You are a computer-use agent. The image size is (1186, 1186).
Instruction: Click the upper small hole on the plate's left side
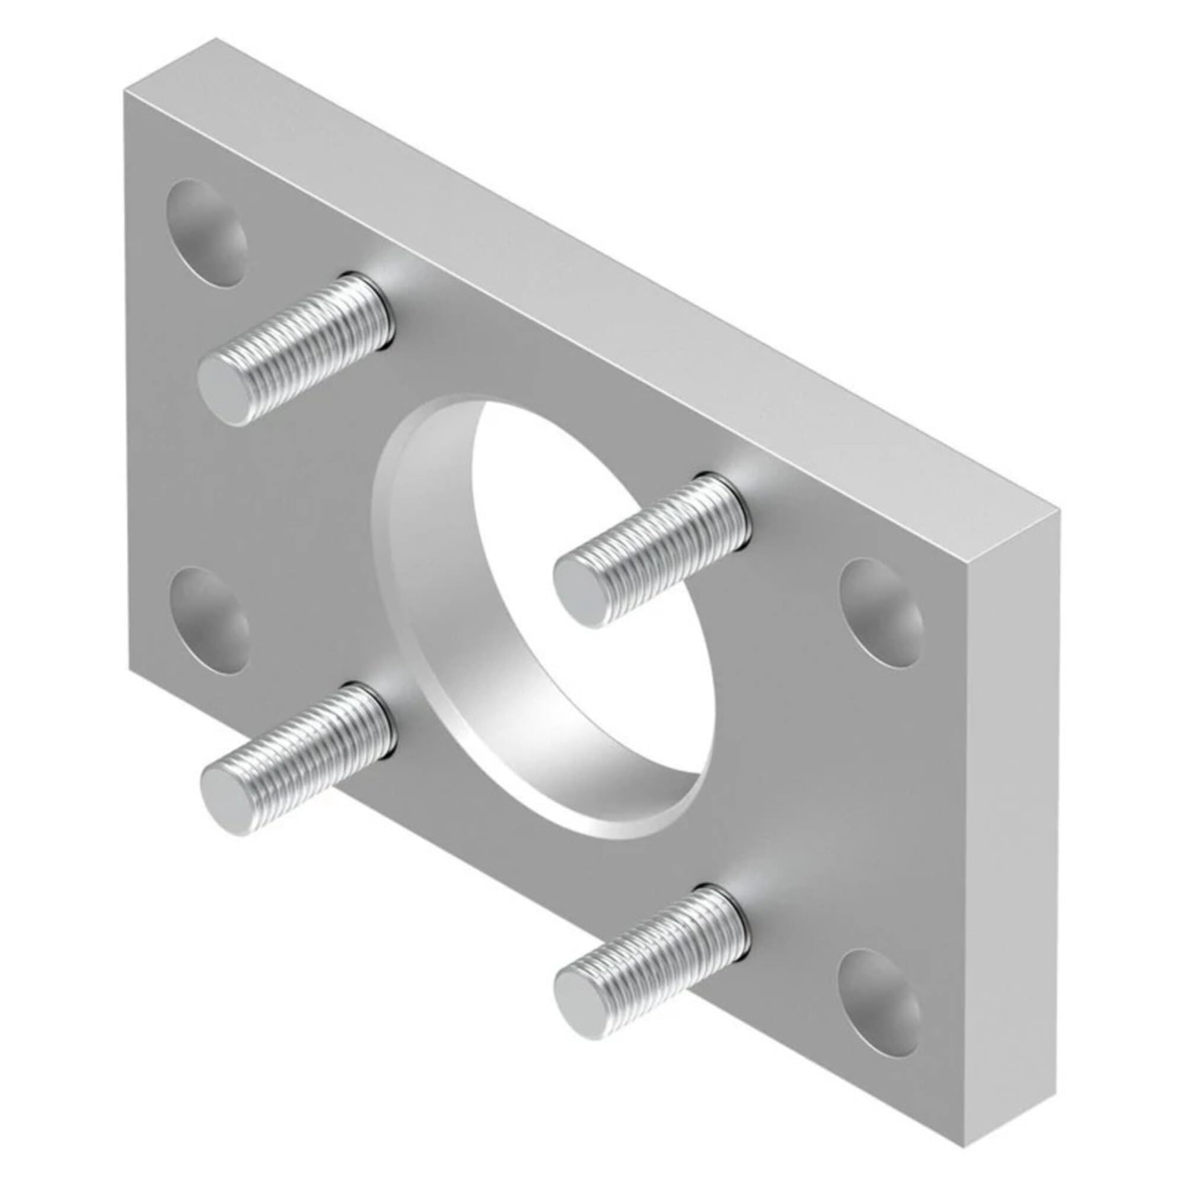pos(206,233)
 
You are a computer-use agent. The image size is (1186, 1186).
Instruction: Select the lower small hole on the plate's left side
pos(209,620)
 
